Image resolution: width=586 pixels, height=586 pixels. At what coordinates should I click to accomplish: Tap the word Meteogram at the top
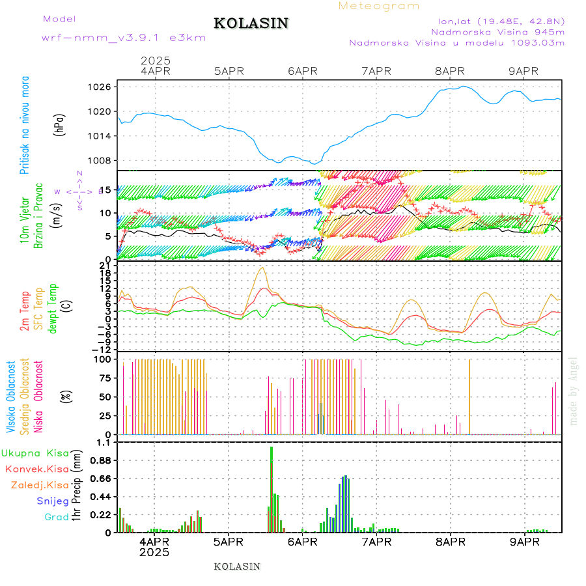coord(379,6)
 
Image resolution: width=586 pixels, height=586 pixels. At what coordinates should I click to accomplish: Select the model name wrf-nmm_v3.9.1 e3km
coord(124,38)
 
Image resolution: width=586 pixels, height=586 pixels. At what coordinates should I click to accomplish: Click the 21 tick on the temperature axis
coord(104,265)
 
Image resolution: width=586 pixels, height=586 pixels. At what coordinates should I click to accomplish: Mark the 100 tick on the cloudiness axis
coord(103,359)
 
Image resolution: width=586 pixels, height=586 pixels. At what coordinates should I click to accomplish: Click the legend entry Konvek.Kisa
coord(36,469)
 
